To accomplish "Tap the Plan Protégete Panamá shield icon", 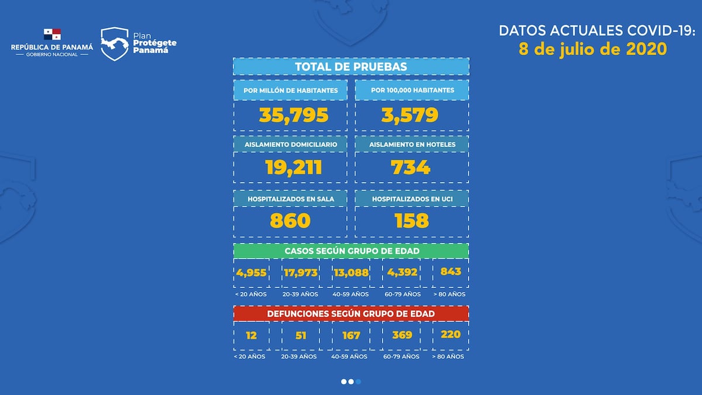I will (113, 44).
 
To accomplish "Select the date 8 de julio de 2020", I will (593, 49).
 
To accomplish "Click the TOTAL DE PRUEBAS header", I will (351, 67).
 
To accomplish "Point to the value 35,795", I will (294, 115).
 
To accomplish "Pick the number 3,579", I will (410, 115).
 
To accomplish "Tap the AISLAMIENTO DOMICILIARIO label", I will (290, 144).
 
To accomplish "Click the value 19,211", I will (293, 168).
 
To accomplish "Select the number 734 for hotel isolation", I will (410, 168).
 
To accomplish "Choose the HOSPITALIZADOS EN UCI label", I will (412, 199).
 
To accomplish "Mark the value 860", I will (290, 221).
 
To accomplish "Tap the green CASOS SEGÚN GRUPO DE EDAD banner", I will (351, 250).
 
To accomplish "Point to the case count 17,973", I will (301, 272).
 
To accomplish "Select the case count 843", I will (451, 272).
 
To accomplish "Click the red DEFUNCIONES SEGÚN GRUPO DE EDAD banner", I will (351, 314).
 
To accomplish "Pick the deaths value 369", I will (402, 335).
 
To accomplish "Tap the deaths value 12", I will (251, 335).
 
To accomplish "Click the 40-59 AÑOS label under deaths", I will (350, 356).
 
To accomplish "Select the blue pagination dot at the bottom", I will (358, 382).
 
